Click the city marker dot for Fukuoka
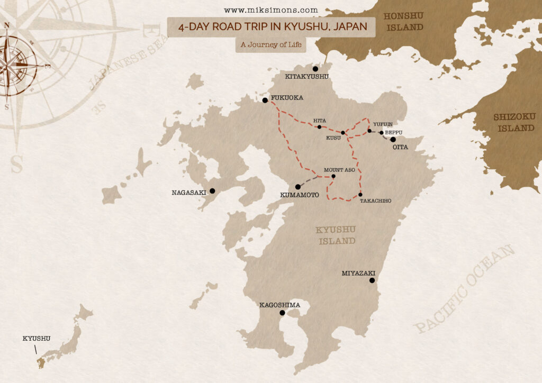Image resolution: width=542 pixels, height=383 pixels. point(265,100)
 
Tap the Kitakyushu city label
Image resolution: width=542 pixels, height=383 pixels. point(307,77)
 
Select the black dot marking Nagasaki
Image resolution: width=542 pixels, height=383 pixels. point(212,191)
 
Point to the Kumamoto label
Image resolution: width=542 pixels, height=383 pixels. point(299,195)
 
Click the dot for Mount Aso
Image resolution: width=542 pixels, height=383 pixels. point(333,176)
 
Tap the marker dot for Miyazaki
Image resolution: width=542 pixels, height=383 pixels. point(372,280)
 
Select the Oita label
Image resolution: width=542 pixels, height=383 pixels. point(400,147)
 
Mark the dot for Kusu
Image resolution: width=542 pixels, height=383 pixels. point(343,133)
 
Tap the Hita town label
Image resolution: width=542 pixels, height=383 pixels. point(319,121)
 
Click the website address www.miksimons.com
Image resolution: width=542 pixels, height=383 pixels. point(271,10)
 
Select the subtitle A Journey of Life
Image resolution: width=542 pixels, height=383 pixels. point(271,44)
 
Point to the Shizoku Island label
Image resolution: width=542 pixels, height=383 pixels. point(514,122)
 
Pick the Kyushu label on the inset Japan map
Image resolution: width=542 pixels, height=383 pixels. point(36,338)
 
